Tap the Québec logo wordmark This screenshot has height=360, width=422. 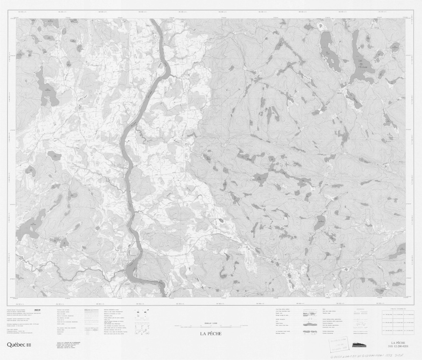[x=14, y=345]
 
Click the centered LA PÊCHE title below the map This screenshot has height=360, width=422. [x=211, y=334]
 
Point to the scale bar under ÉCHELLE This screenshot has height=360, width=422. [x=211, y=326]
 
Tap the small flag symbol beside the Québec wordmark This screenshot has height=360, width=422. [x=28, y=345]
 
